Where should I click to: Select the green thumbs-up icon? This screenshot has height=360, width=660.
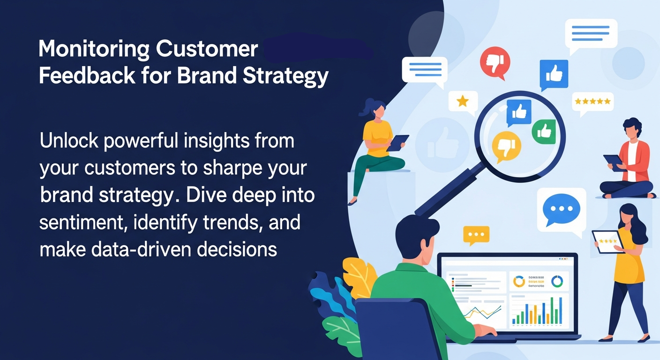pyautogui.click(x=543, y=131)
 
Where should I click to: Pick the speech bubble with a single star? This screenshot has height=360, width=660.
pyautogui.click(x=463, y=101)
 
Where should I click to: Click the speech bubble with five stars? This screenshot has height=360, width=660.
pyautogui.click(x=592, y=101)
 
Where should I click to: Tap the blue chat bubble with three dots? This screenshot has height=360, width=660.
pyautogui.click(x=561, y=209)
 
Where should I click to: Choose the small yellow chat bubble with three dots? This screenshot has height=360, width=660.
pyautogui.click(x=476, y=234)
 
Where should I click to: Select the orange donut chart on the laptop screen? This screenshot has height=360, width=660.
pyautogui.click(x=519, y=281)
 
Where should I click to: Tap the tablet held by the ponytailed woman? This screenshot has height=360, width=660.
pyautogui.click(x=397, y=142)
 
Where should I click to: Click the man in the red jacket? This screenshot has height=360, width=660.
pyautogui.click(x=628, y=159)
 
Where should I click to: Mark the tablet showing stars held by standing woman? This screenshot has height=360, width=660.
pyautogui.click(x=607, y=241)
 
